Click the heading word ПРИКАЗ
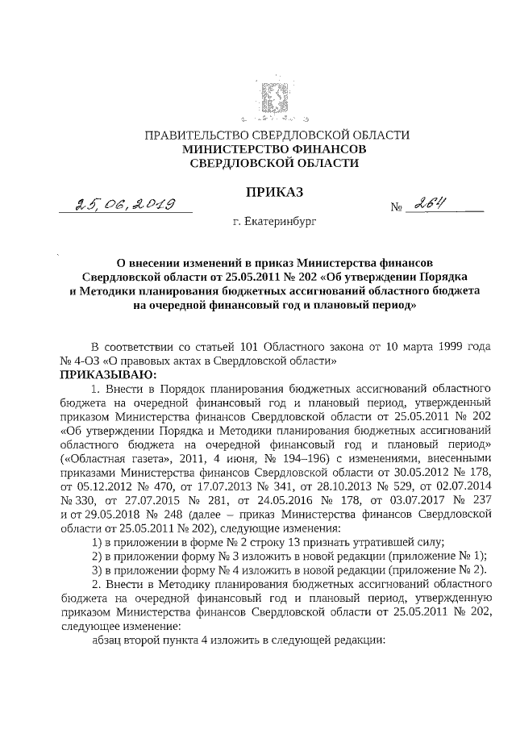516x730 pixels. [273, 191]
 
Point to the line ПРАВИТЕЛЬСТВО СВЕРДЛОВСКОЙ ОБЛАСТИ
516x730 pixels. [273, 136]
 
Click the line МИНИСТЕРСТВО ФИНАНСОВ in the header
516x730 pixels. [273, 149]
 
